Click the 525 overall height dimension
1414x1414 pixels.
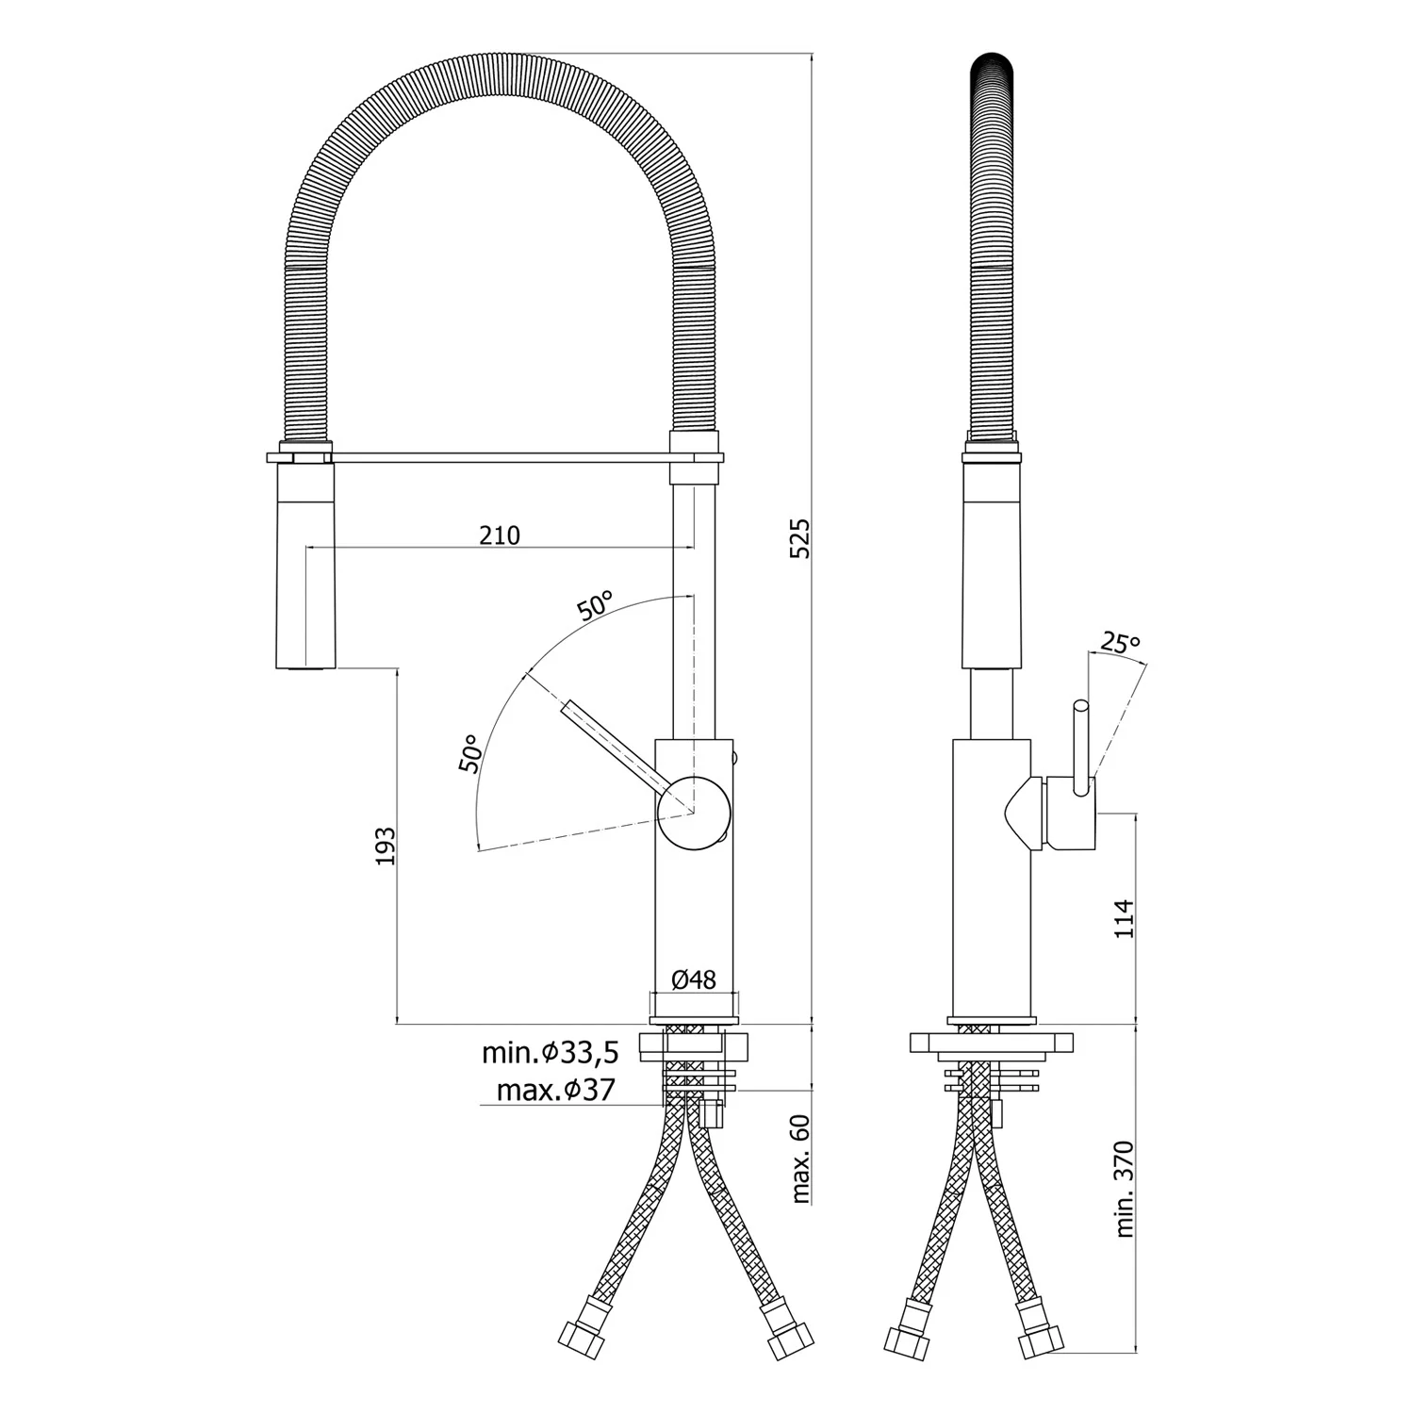[x=799, y=538]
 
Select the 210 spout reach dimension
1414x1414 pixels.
[x=500, y=535]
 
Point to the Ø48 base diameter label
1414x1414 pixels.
[x=694, y=979]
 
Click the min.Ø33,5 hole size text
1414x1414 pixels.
[x=551, y=1052]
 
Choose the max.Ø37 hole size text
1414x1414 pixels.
[x=555, y=1091]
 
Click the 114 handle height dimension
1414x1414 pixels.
[x=1124, y=918]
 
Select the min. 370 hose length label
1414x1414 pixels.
[x=1125, y=1189]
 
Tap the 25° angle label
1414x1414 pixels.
[x=1119, y=644]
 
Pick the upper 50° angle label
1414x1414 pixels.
[x=596, y=605]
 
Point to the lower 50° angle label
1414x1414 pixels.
[x=470, y=753]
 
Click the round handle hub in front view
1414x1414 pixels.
[x=694, y=813]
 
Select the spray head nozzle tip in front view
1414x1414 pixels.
[x=304, y=666]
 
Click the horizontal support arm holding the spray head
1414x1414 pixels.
[x=500, y=458]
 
